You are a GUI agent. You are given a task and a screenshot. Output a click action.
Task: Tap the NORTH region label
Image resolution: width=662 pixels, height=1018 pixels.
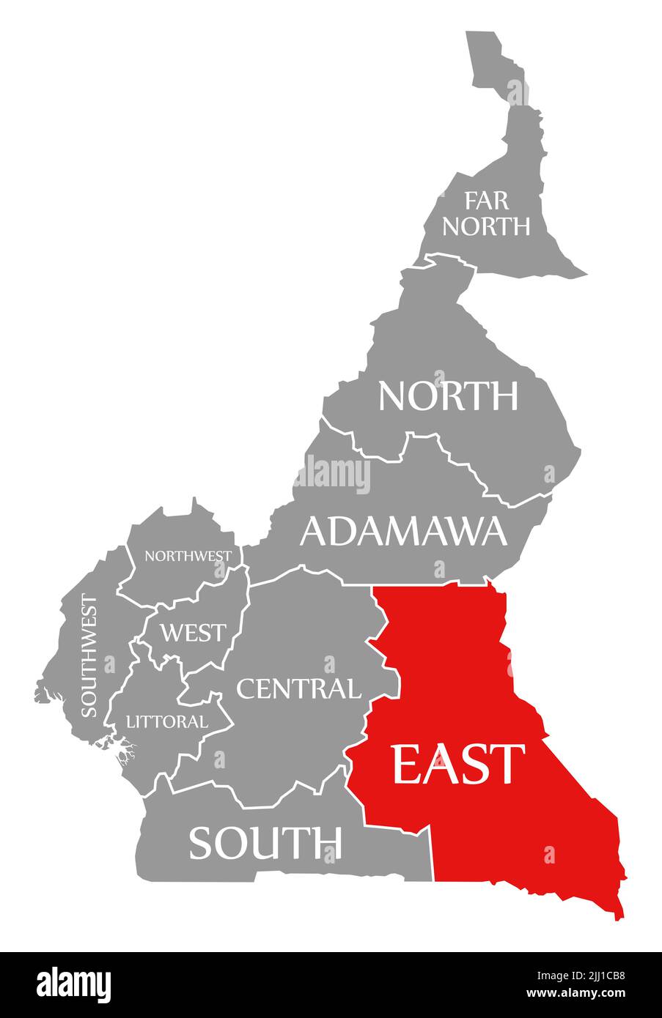(448, 396)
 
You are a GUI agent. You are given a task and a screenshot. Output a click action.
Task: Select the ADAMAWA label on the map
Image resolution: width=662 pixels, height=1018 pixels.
(403, 531)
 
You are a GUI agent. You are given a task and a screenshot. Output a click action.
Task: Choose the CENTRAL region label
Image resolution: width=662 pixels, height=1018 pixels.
(298, 688)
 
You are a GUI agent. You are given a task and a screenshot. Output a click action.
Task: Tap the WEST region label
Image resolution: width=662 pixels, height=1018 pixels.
(194, 631)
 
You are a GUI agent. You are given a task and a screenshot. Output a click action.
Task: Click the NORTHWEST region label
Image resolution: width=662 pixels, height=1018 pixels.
(188, 556)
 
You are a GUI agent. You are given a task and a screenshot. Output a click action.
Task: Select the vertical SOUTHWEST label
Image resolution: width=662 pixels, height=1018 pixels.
(89, 656)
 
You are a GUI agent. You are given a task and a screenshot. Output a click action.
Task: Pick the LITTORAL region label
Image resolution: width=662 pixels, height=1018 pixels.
(166, 721)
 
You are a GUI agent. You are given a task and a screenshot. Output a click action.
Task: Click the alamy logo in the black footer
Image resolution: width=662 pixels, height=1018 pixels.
(73, 984)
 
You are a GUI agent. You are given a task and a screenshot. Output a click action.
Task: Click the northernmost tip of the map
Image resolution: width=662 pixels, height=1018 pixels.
(480, 32)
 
